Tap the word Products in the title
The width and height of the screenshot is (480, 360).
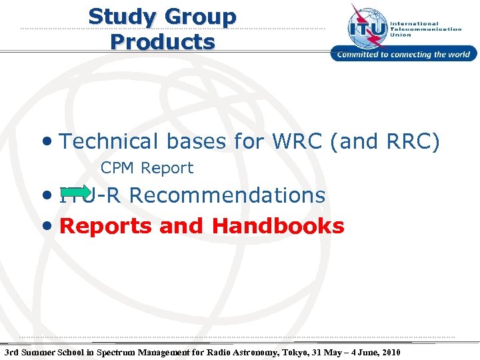coord(163,42)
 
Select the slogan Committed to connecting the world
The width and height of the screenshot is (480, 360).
coord(404,55)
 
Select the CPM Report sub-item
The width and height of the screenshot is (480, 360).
coord(147,168)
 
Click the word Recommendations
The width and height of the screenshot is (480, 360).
coord(227,195)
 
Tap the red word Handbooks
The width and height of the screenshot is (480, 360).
coord(278,226)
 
